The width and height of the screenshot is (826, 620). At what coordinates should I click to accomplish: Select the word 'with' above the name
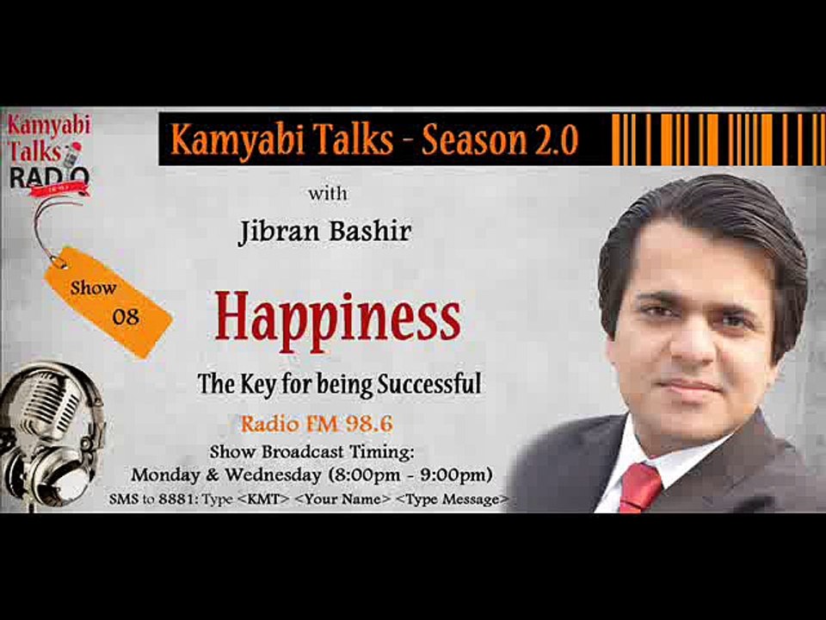pos(327,193)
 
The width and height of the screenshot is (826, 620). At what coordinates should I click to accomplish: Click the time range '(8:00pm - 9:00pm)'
pos(420,474)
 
